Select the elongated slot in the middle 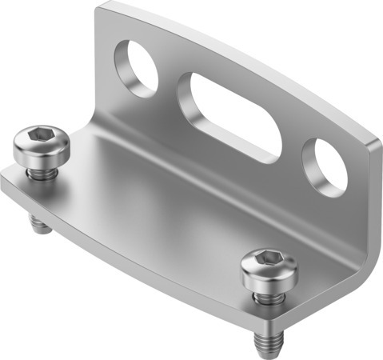point(230,115)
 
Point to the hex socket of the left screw point(42,139)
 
